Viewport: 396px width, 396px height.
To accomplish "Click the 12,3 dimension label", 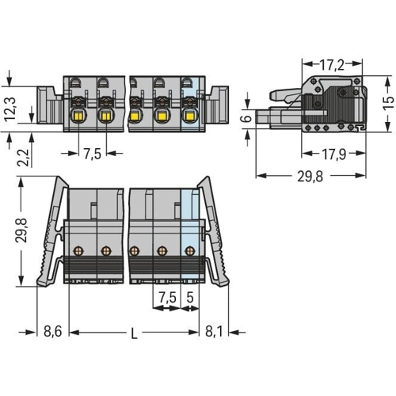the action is pos(11,109).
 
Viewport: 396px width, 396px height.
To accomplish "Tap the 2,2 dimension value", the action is pos(23,158).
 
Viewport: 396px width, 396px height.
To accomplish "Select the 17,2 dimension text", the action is pos(332,65).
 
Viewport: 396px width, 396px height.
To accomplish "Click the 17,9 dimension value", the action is pos(334,154).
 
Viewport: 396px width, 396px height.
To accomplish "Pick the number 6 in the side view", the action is pos(247,118).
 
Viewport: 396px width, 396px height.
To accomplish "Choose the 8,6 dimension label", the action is pos(52,332).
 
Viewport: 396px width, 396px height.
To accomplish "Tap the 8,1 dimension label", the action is pos(214,332).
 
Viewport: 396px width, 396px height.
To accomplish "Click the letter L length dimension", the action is pos(135,334).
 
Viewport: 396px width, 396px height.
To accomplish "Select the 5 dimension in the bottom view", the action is pos(190,298).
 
